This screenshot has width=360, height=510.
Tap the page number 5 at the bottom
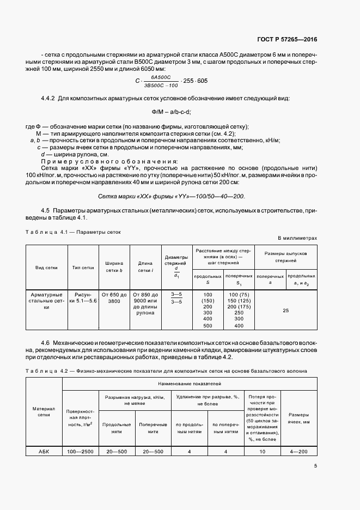(315, 465)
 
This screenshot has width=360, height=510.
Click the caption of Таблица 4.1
(73, 232)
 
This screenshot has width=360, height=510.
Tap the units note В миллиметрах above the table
(297, 238)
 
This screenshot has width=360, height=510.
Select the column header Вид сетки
(47, 268)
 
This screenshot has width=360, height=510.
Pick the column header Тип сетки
(83, 268)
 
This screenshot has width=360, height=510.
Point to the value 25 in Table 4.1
(286, 310)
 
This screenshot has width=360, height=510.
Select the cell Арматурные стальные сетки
(47, 301)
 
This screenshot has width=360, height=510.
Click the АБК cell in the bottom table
(45, 451)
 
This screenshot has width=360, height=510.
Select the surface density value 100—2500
(81, 451)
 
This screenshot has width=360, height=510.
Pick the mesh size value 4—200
(298, 451)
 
